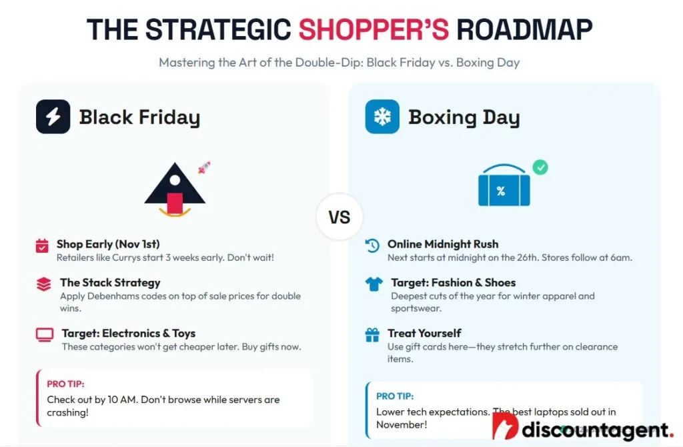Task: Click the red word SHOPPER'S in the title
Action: pyautogui.click(x=374, y=29)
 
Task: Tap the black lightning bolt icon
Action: pyautogui.click(x=53, y=117)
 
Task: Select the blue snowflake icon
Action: pyautogui.click(x=382, y=117)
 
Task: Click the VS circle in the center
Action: pyautogui.click(x=339, y=217)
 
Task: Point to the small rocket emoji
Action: pyautogui.click(x=204, y=167)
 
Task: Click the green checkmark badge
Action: pyautogui.click(x=540, y=167)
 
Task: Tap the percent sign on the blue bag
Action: pyautogui.click(x=501, y=191)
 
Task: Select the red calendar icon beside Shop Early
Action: pyautogui.click(x=42, y=246)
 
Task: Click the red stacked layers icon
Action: pyautogui.click(x=43, y=284)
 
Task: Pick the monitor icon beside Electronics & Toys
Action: pyautogui.click(x=45, y=335)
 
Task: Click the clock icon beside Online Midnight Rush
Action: pyautogui.click(x=372, y=246)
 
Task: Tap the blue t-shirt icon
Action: pyautogui.click(x=374, y=284)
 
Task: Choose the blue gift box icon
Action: pyautogui.click(x=372, y=335)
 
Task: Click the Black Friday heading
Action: pyautogui.click(x=139, y=117)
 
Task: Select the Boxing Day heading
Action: pyautogui.click(x=464, y=117)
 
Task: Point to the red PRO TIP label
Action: pyautogui.click(x=66, y=384)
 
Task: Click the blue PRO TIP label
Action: pyautogui.click(x=395, y=396)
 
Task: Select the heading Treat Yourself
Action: pyautogui.click(x=424, y=334)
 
